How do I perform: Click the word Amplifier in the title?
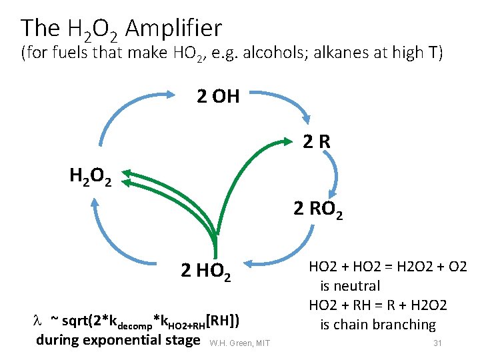point(173,29)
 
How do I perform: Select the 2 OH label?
point(218,97)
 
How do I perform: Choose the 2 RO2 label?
point(319,210)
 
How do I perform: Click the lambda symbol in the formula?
point(39,322)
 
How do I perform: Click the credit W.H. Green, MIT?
point(239,343)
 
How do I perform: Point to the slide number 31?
point(438,343)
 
